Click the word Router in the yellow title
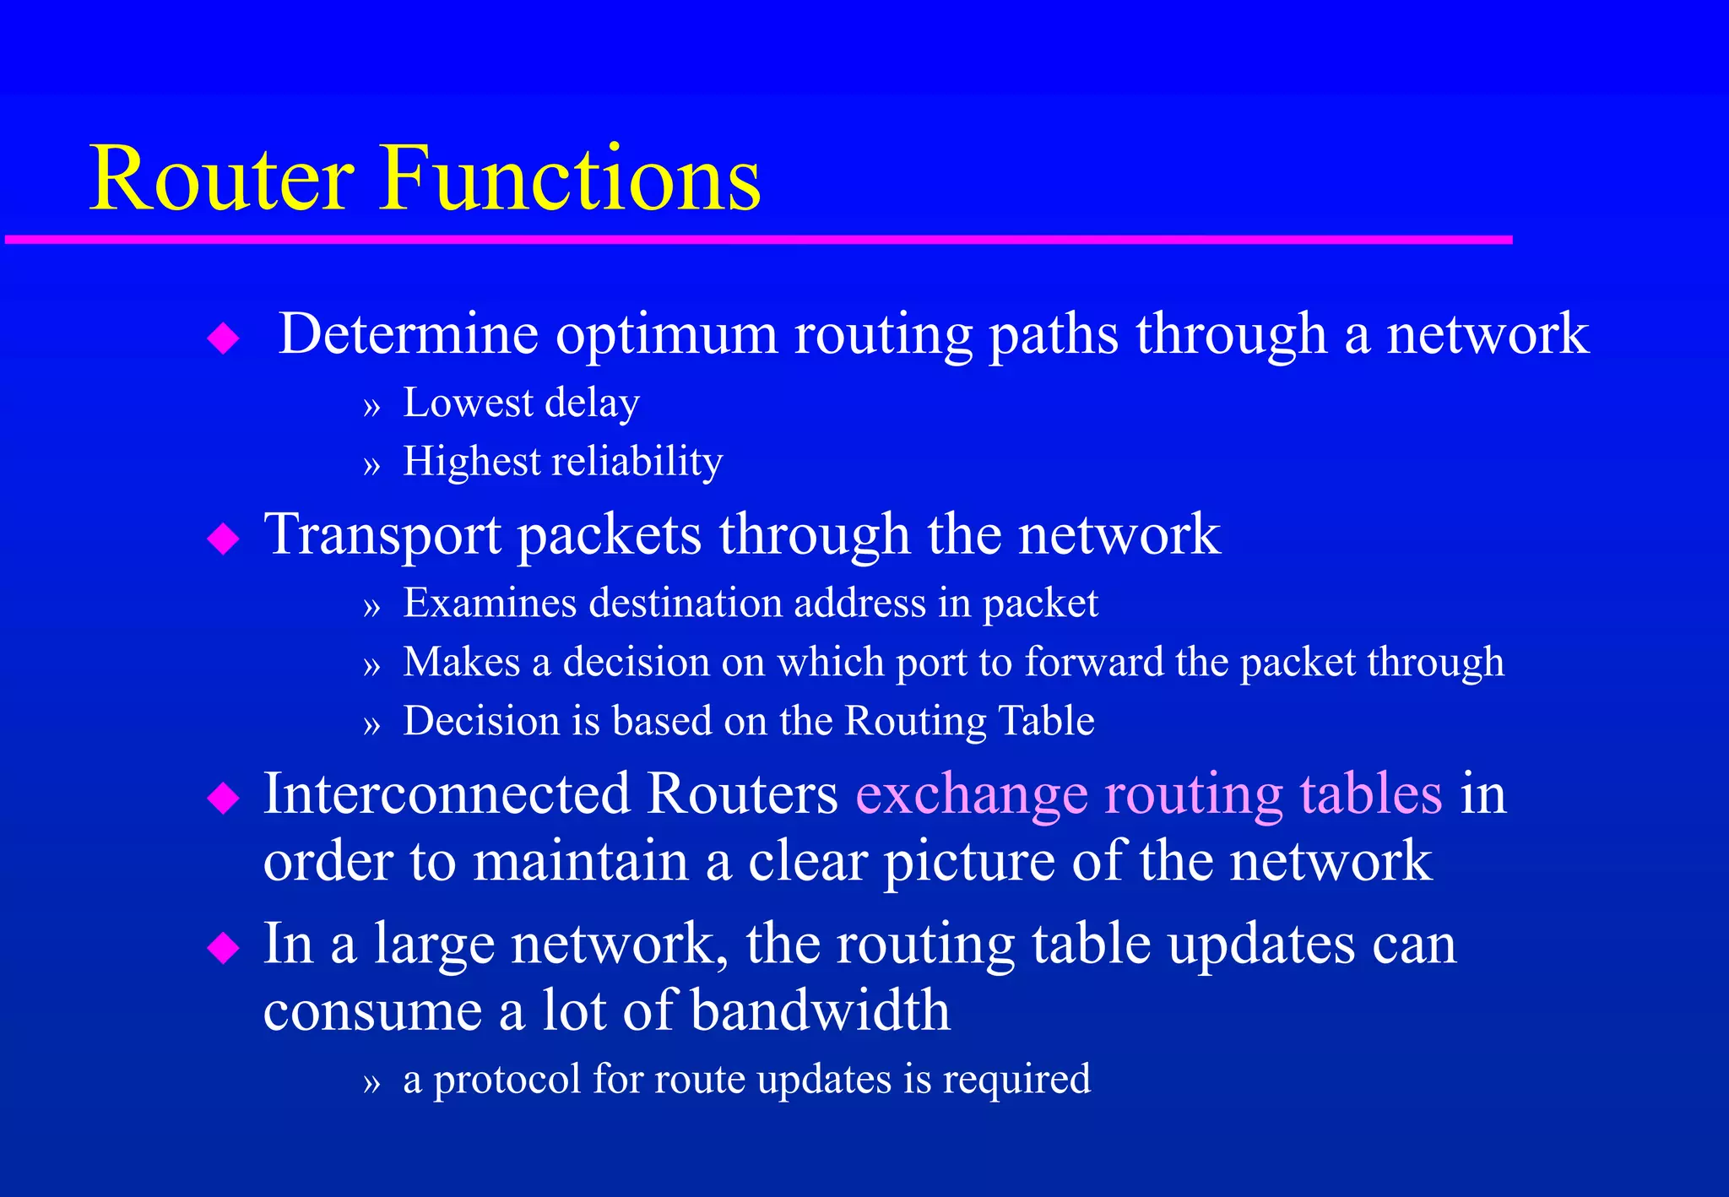coord(221,179)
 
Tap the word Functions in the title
coord(572,179)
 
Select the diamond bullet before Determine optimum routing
coord(223,339)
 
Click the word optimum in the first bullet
coord(666,334)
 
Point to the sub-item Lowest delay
coord(521,403)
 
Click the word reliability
coord(637,462)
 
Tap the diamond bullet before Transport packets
coord(223,539)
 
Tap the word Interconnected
coord(447,793)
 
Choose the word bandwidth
coord(820,1010)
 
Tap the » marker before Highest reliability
coord(372,465)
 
